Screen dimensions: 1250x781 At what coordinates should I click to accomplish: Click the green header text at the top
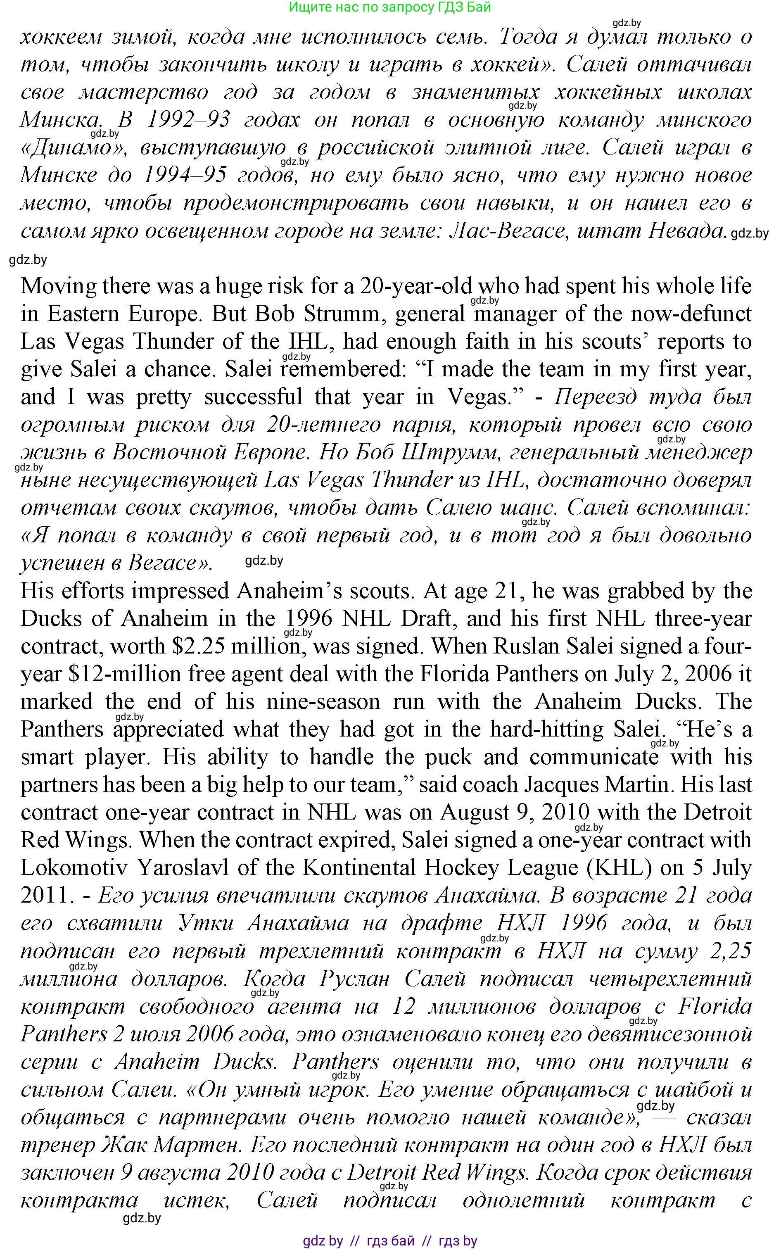coord(389,7)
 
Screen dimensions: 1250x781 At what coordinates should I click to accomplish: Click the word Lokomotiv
coord(72,868)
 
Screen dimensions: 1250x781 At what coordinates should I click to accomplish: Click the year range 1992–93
coord(188,120)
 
